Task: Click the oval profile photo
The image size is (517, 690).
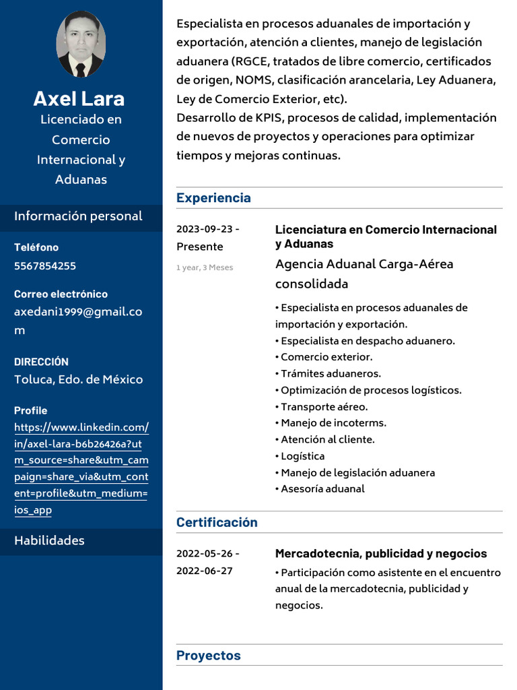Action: point(81,44)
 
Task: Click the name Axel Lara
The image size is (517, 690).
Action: point(79,98)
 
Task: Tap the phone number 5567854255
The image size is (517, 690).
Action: point(45,265)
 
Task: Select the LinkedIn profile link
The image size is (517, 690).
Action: point(81,468)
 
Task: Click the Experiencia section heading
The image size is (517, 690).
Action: point(213,197)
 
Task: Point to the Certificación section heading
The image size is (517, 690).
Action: point(217,522)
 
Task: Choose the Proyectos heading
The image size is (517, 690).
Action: point(208,656)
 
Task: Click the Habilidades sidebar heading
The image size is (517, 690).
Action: point(49,540)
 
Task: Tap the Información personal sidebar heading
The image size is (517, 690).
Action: point(78,216)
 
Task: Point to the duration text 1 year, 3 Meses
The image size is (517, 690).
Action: point(205,268)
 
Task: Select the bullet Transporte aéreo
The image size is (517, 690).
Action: point(324,407)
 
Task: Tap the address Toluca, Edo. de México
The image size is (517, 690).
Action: point(78,379)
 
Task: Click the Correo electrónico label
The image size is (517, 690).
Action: point(61,294)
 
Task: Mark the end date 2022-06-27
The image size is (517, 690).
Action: point(205,571)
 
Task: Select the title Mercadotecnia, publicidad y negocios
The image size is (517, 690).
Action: point(381,554)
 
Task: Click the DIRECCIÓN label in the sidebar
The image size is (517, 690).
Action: point(41,362)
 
